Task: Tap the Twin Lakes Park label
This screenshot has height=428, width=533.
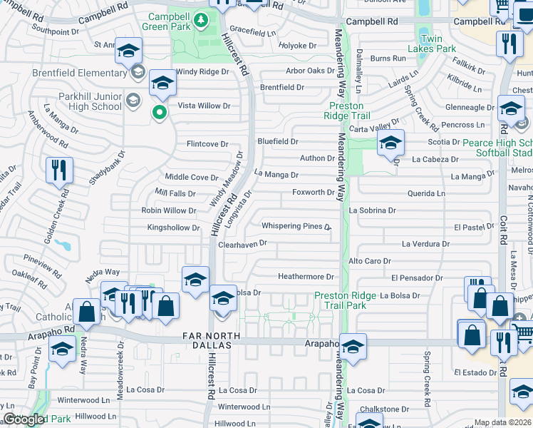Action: coord(431,44)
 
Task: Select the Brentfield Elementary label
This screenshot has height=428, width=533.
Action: coord(79,73)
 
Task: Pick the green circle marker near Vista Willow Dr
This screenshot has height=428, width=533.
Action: coord(161,111)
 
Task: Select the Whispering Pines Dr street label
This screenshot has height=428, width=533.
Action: coord(296,227)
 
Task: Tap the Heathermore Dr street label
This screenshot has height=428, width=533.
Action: coord(306,277)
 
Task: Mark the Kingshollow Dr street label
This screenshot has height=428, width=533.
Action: coord(173,228)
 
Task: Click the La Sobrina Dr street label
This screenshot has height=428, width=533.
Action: coord(372,210)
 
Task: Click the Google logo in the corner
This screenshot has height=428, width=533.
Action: coord(24,419)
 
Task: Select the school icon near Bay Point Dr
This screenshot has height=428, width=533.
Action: coord(63,350)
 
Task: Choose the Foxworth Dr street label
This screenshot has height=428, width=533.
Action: coord(313,193)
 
